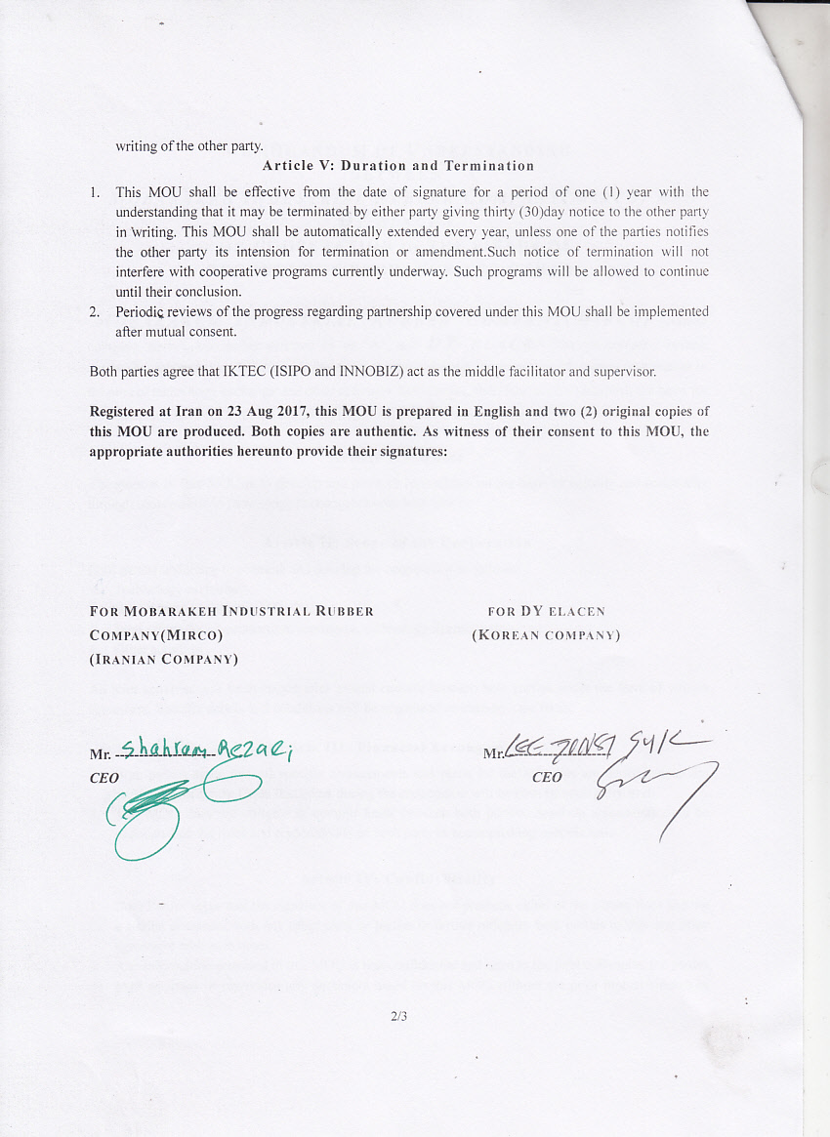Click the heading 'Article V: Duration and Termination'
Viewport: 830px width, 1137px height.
tap(397, 166)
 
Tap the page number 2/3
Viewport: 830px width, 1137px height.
tap(397, 1016)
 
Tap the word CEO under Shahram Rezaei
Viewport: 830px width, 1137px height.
tap(104, 778)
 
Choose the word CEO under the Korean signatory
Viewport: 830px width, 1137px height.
tap(547, 777)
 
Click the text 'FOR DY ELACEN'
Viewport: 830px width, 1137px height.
tap(546, 611)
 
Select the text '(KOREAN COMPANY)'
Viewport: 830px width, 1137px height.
tap(546, 634)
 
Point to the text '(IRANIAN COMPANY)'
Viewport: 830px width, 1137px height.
tap(164, 658)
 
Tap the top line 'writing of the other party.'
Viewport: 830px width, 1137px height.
tap(188, 146)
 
